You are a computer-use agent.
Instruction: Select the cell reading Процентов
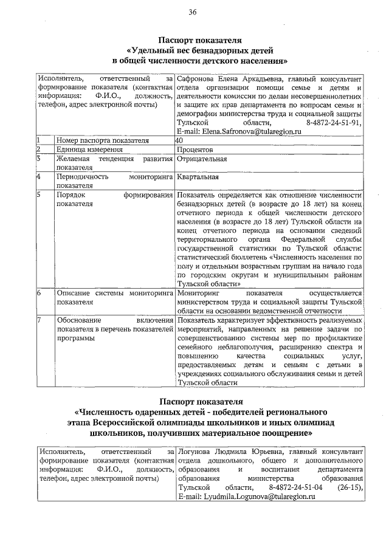(x=194, y=150)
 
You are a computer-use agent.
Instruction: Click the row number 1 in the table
(x=38, y=140)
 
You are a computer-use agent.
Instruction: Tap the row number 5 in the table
(x=38, y=195)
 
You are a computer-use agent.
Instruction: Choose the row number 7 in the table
(x=38, y=320)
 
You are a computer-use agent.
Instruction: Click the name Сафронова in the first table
(x=199, y=79)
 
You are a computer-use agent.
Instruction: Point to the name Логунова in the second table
(x=196, y=452)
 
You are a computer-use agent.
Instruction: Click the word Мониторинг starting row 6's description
(x=199, y=293)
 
